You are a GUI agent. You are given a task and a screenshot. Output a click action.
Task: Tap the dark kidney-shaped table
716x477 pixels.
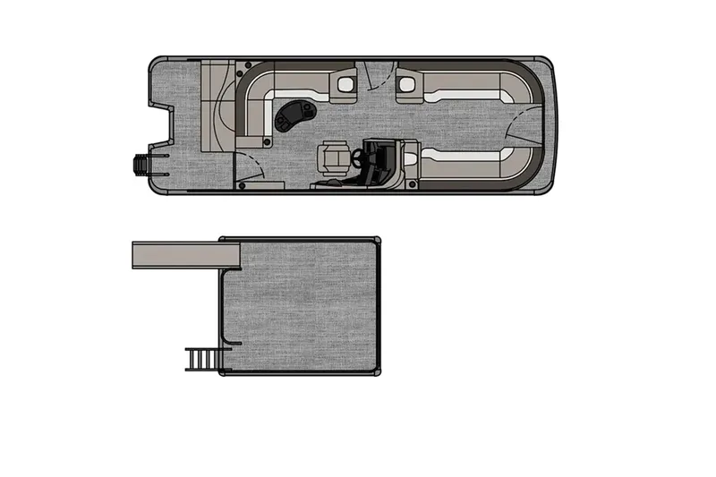tap(296, 114)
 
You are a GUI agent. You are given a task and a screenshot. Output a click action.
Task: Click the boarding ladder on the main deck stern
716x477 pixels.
tap(144, 165)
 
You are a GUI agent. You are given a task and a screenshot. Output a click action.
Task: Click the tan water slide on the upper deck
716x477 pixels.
tap(183, 255)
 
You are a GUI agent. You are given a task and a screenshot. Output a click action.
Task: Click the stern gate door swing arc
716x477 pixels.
tap(251, 166)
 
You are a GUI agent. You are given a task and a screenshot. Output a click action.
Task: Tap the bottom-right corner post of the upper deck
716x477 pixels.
tap(377, 371)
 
